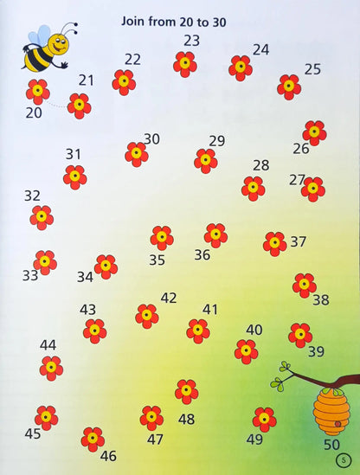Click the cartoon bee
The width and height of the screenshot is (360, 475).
click(45, 51)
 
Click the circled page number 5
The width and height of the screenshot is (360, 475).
click(346, 459)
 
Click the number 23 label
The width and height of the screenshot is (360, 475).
click(191, 40)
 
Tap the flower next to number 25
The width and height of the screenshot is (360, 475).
click(289, 87)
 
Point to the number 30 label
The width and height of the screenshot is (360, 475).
click(151, 138)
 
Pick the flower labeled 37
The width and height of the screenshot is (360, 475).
click(275, 243)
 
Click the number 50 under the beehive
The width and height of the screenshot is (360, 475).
click(331, 445)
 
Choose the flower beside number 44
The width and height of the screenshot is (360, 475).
click(51, 368)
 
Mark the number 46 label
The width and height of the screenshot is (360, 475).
click(108, 455)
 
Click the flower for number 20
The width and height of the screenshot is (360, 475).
click(37, 92)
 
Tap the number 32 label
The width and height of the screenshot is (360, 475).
click(32, 196)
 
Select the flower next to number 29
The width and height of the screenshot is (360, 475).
click(206, 160)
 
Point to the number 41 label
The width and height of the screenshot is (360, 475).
click(210, 309)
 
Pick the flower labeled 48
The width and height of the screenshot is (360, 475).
click(186, 391)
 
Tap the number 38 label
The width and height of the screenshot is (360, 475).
click(321, 300)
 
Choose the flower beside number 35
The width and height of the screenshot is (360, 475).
click(161, 238)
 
